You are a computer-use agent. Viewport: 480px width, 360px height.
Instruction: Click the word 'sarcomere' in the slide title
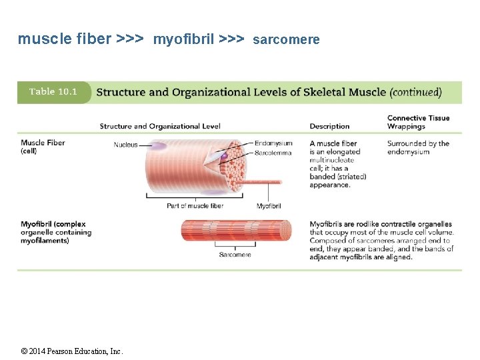[286, 40]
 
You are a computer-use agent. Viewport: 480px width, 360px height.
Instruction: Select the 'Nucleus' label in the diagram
[125, 145]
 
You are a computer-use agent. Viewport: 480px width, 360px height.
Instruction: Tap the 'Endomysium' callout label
[273, 143]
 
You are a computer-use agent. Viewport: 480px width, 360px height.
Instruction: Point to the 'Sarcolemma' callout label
[273, 153]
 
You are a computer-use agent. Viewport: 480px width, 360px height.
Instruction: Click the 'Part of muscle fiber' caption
[195, 206]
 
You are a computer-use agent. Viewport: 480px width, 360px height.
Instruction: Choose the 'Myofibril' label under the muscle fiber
[269, 206]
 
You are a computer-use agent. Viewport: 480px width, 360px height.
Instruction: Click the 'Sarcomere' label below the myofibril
[235, 255]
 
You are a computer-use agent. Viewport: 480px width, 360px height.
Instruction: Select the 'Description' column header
[329, 126]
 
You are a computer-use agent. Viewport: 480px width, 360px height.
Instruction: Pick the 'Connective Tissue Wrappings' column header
[418, 122]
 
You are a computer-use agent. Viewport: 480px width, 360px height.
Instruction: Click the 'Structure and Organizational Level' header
[160, 126]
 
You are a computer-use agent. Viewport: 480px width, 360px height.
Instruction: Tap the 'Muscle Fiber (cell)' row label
[43, 147]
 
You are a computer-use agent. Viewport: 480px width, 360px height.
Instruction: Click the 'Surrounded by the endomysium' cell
[418, 147]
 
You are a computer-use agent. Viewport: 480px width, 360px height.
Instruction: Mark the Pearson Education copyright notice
[72, 351]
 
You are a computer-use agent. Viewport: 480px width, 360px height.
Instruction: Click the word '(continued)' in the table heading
[415, 92]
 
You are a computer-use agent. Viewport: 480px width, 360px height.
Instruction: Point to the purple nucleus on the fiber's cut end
[225, 155]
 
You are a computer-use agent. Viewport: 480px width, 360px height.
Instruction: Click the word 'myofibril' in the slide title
[183, 40]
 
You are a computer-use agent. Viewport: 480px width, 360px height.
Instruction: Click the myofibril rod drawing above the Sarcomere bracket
[236, 231]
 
